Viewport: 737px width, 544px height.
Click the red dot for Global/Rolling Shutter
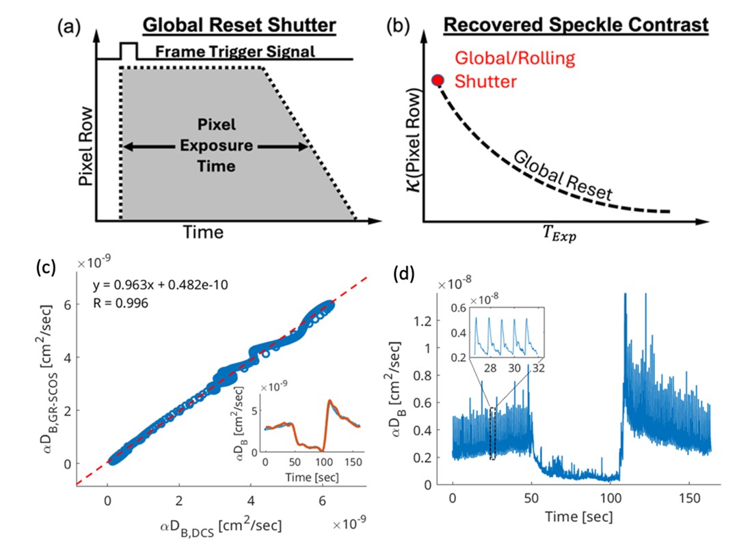[x=439, y=81]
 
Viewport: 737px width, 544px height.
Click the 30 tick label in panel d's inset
[x=514, y=368]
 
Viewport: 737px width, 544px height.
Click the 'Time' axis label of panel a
[x=202, y=233]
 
